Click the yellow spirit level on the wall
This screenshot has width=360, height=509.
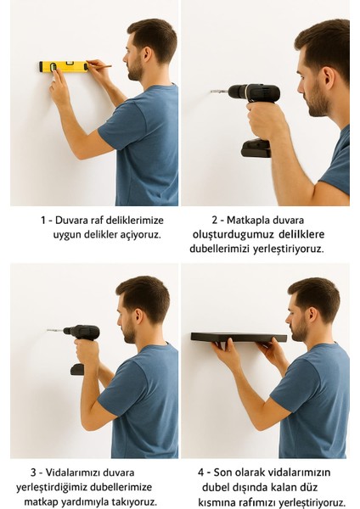pos(63,66)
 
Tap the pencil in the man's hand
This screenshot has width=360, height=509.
pos(101,65)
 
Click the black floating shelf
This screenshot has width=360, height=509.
pos(238,337)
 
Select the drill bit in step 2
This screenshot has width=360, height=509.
pos(217,90)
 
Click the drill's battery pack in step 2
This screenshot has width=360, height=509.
pos(256,148)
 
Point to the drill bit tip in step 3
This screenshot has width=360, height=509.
pos(48,331)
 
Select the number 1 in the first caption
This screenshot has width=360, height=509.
pos(43,220)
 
